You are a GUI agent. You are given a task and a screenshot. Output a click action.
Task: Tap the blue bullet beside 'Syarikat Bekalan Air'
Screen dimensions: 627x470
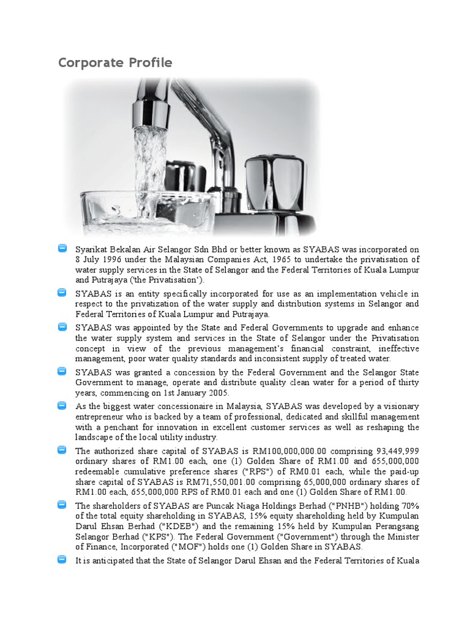(62, 249)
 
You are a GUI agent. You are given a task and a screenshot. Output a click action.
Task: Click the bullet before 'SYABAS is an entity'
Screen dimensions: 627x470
(62, 293)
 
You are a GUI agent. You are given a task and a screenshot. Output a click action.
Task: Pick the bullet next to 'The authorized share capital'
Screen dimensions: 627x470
(62, 450)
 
